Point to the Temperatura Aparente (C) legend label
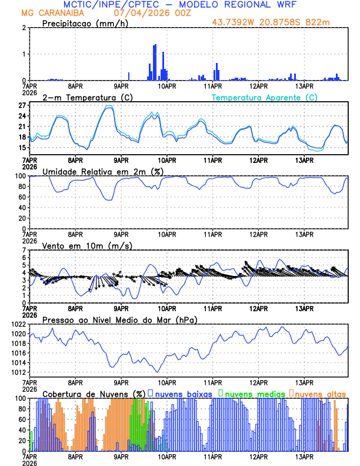[265, 97]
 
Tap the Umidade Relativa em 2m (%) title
[102, 171]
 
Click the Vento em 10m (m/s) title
[87, 245]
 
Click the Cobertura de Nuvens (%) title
[94, 393]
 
